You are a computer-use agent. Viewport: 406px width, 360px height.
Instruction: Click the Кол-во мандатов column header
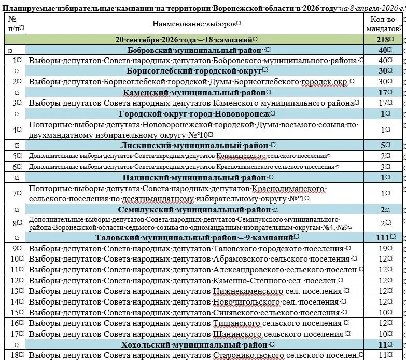384,24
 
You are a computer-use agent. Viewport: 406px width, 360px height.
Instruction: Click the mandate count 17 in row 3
384,103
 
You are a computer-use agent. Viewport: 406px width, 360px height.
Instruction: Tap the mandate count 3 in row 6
384,167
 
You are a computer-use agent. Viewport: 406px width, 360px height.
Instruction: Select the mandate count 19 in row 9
384,248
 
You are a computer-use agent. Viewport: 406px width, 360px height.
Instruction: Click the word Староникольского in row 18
248,355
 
